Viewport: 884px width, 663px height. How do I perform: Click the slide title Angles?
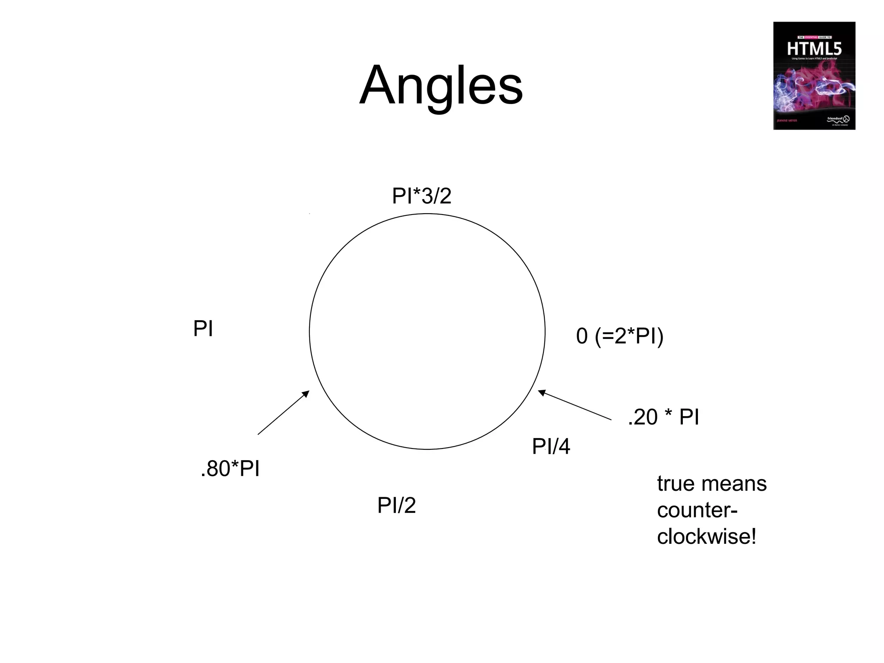(441, 85)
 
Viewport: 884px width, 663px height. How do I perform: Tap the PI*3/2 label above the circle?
(421, 196)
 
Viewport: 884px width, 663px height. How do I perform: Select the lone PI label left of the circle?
(203, 329)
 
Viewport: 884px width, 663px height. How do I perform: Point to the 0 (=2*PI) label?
(619, 336)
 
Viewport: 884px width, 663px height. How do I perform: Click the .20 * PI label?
(663, 417)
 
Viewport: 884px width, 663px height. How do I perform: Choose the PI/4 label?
(551, 446)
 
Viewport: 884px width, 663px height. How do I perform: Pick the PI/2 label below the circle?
(396, 505)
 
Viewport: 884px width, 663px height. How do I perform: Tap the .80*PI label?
(230, 469)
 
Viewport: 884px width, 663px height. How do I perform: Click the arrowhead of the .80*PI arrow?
(306, 393)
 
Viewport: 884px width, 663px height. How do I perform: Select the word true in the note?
(674, 484)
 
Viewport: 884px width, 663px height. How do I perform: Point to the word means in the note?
(733, 484)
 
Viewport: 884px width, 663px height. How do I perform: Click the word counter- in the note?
(697, 511)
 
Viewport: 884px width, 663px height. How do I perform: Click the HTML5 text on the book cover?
(814, 48)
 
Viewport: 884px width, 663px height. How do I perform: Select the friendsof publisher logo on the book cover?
(837, 119)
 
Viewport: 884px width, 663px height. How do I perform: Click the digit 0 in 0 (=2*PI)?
(582, 336)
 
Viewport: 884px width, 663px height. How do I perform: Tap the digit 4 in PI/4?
(564, 447)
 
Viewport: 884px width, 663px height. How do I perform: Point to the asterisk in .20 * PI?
(668, 414)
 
